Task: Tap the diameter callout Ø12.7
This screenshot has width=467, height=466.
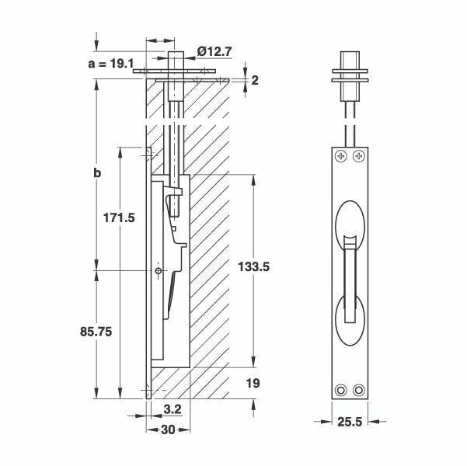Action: [213, 51]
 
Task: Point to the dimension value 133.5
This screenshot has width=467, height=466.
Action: [256, 266]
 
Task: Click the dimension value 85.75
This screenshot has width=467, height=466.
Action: [96, 330]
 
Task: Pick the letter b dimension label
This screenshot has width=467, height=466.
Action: [96, 172]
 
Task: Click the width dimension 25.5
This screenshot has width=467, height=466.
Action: [348, 423]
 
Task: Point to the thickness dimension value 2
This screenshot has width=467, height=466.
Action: [253, 80]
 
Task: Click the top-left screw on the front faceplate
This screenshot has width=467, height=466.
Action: [340, 157]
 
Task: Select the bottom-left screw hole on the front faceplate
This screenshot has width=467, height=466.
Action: [340, 389]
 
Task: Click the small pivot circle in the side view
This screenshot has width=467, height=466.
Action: [159, 271]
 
